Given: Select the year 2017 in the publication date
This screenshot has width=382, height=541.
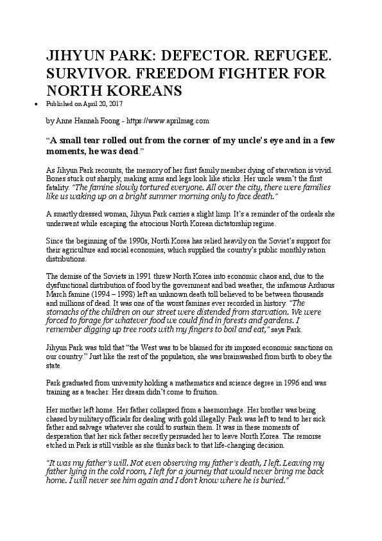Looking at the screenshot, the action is (116, 103).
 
